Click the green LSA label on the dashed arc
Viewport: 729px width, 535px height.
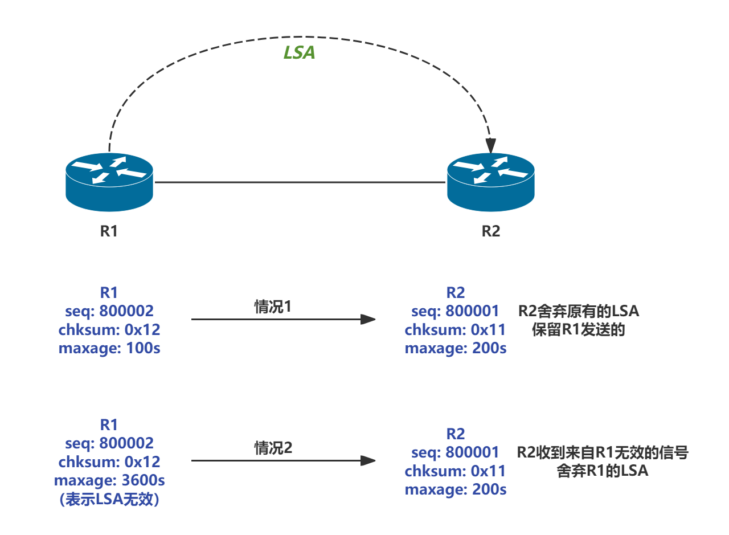(299, 52)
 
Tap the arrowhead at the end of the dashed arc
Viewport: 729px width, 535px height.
(490, 146)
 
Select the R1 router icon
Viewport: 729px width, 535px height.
(109, 182)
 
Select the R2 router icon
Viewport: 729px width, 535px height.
(490, 183)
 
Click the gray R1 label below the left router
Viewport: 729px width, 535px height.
(109, 231)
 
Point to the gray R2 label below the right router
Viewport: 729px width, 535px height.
(490, 231)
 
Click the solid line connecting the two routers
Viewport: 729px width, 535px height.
(300, 182)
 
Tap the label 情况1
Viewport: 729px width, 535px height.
(273, 307)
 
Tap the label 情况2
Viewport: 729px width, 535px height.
(273, 448)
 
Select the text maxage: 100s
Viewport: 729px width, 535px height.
(109, 348)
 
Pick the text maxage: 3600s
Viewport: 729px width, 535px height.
(109, 480)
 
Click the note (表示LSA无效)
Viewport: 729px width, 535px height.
(109, 500)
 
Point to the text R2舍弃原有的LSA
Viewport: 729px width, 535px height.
(579, 311)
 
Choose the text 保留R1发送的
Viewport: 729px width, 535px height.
(579, 330)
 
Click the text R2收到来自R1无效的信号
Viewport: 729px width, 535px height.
(603, 452)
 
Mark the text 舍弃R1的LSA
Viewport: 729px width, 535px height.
(603, 471)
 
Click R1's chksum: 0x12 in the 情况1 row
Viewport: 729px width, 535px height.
(109, 329)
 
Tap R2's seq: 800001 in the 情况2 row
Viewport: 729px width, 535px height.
(456, 452)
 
